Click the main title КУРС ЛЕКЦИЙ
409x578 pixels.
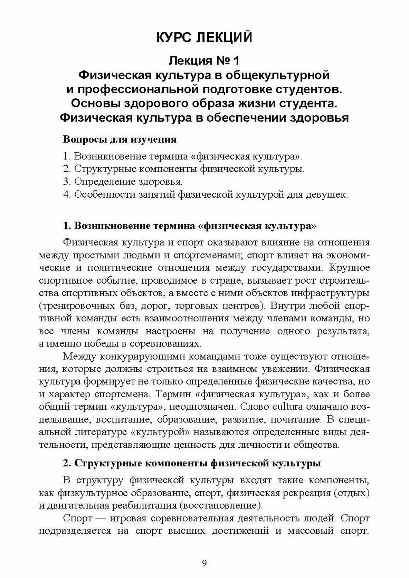pyautogui.click(x=204, y=37)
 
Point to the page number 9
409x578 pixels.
pyautogui.click(x=204, y=563)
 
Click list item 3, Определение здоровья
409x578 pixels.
pyautogui.click(x=122, y=181)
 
